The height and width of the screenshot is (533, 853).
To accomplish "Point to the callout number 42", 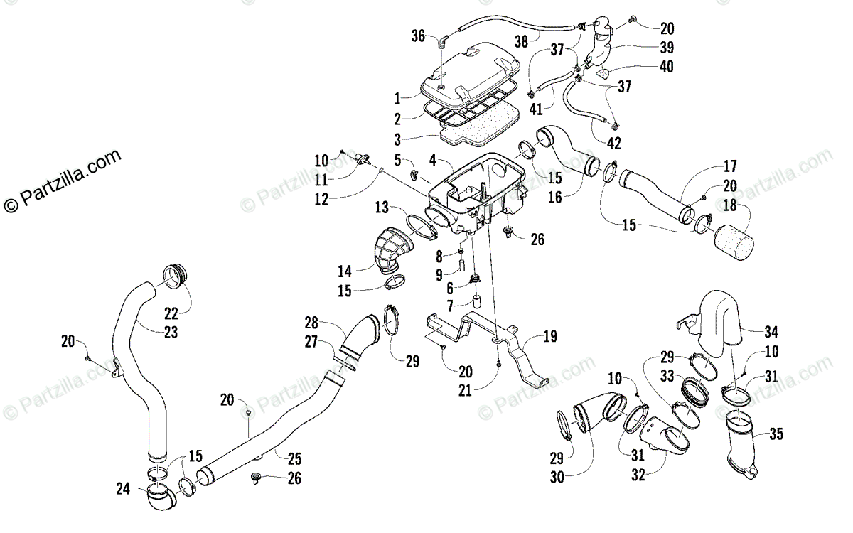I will pos(614,143).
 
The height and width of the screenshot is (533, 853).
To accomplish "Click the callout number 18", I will pos(730,205).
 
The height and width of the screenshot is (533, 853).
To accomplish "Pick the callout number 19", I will pos(550,336).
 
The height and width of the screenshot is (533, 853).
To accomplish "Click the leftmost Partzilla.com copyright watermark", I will pos(63,181).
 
